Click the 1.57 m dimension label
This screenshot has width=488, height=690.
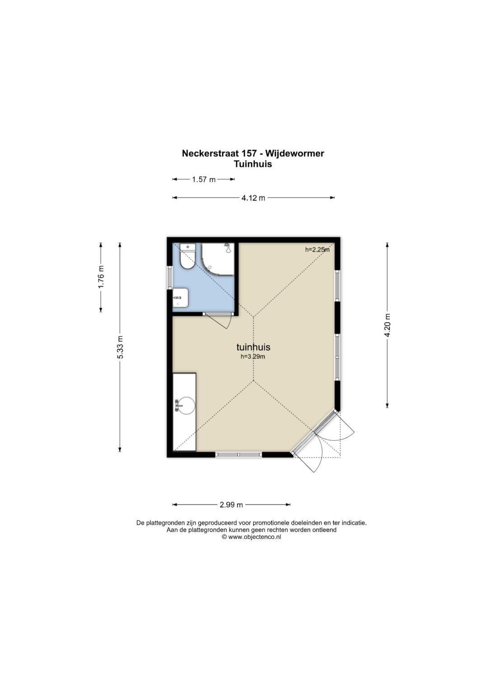pyautogui.click(x=204, y=179)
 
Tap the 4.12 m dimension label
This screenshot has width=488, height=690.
pyautogui.click(x=253, y=198)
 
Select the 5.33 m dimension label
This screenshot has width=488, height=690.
pyautogui.click(x=120, y=347)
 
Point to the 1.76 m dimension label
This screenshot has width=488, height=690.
pyautogui.click(x=101, y=277)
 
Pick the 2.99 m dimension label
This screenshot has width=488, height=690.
pyautogui.click(x=231, y=505)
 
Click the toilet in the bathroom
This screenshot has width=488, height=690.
pyautogui.click(x=188, y=256)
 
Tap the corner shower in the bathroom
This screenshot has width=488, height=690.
pyautogui.click(x=218, y=259)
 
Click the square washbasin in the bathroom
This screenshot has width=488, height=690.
pyautogui.click(x=181, y=298)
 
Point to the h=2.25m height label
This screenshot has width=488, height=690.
pyautogui.click(x=317, y=250)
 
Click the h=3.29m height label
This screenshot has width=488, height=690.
pyautogui.click(x=253, y=357)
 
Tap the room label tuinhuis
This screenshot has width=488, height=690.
pyautogui.click(x=253, y=347)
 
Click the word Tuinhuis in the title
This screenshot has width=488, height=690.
pyautogui.click(x=253, y=164)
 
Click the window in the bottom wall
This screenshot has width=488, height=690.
pyautogui.click(x=239, y=455)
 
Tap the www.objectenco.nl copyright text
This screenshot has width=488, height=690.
pyautogui.click(x=251, y=537)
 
